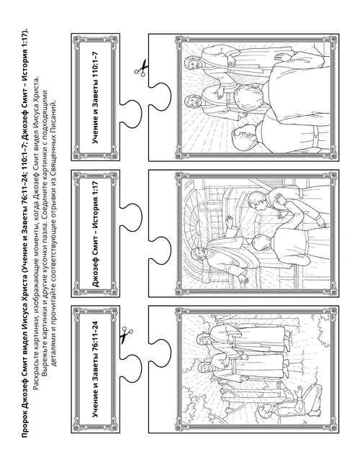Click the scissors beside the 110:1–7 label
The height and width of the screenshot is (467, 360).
[x=141, y=67]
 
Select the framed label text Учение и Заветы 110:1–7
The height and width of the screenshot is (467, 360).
[x=95, y=98]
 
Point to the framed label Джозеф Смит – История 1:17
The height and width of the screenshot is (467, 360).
[x=95, y=233]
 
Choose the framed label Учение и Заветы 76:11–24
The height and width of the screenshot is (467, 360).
[x=95, y=369]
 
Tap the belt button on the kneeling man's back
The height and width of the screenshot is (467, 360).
[x=315, y=137]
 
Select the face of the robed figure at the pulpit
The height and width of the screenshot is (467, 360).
[x=197, y=253]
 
